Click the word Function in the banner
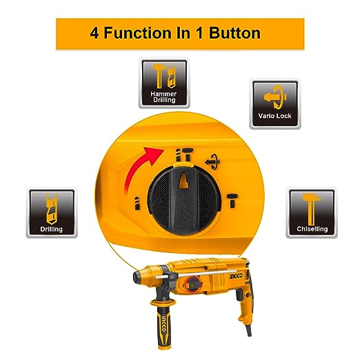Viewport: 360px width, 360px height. coord(137,33)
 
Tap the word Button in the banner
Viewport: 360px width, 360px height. coord(234,33)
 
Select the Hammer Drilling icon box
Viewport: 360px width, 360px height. coord(164,83)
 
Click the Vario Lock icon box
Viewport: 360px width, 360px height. coord(275,103)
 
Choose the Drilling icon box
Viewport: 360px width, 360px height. coord(52,212)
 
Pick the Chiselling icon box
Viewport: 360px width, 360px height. coord(312,212)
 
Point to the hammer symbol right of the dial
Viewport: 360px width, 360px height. coord(232,201)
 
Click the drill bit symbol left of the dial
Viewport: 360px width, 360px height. coord(137,203)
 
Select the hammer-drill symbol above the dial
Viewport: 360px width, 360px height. coord(184,154)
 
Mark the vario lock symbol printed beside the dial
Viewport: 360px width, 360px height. coord(212,162)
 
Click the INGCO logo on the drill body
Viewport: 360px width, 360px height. coord(236,276)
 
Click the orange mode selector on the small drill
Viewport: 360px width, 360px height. coord(193,284)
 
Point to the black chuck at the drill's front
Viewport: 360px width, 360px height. coord(140,277)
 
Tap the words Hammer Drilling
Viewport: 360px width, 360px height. coord(163,97)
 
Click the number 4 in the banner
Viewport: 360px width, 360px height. coord(94,33)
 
